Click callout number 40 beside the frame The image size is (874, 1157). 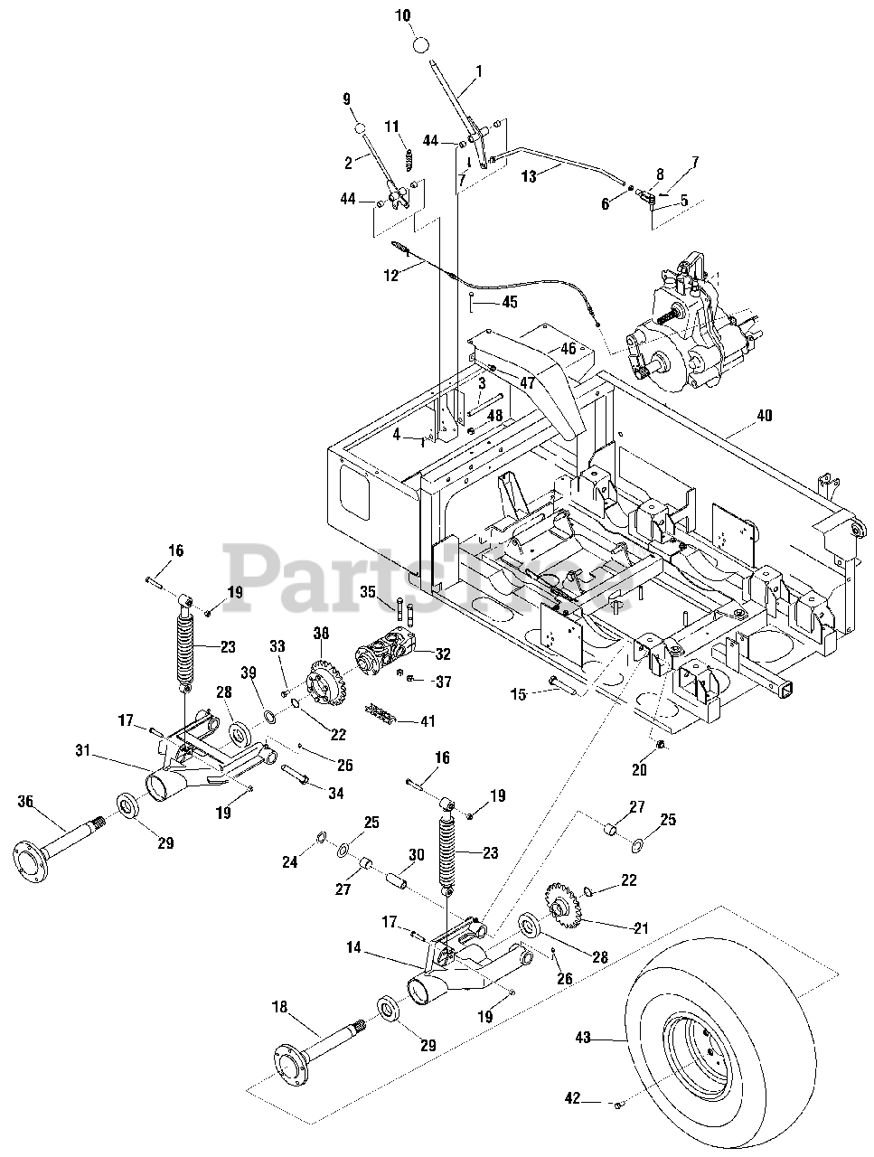(x=764, y=417)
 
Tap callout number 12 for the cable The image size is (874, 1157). (x=390, y=277)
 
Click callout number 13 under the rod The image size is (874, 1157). (x=530, y=177)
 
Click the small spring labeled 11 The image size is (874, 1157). (x=409, y=161)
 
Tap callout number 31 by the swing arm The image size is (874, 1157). (x=83, y=749)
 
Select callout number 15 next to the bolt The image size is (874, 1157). (x=518, y=693)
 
